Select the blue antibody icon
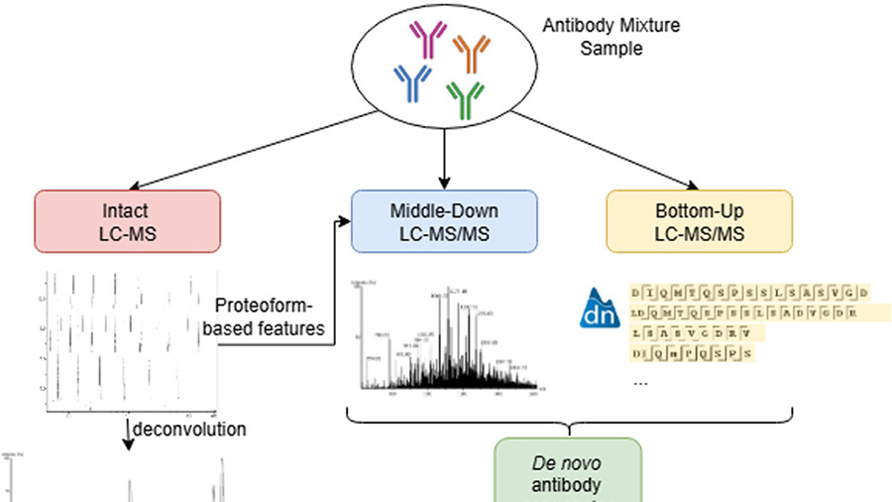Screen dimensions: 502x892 click(x=411, y=81)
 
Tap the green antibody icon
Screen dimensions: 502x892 click(x=464, y=96)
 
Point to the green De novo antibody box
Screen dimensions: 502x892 click(x=569, y=472)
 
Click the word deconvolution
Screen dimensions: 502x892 click(x=190, y=430)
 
